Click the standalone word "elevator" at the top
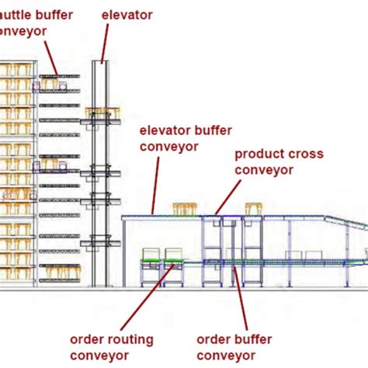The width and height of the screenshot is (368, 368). point(127,15)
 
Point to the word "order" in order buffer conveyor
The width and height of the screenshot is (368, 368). point(213,339)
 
